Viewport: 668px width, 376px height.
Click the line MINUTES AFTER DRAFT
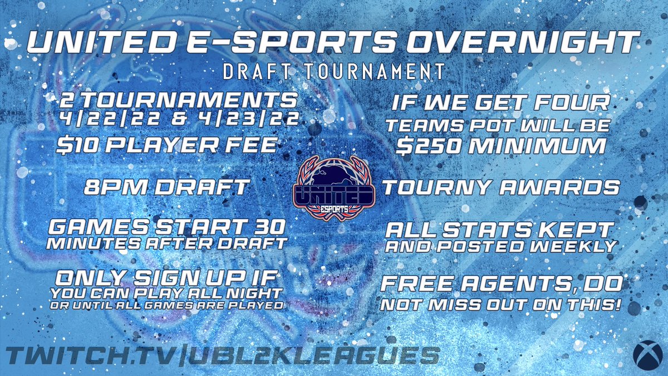167,244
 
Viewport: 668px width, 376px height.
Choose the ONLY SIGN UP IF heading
167,276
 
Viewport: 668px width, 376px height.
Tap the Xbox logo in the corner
646,355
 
